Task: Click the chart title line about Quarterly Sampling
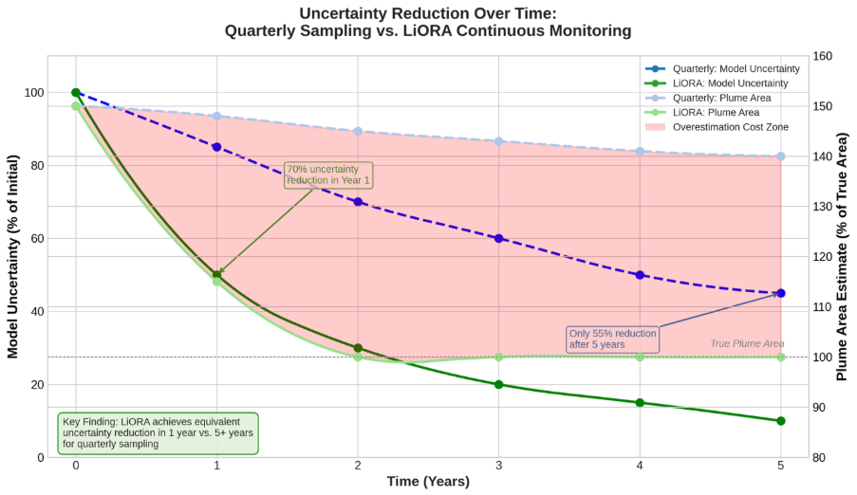click(427, 31)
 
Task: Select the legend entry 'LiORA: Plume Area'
click(720, 112)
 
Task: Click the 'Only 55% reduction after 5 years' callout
click(612, 339)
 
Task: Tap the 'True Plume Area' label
click(747, 343)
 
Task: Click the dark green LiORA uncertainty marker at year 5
click(781, 421)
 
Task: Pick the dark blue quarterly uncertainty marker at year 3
click(499, 238)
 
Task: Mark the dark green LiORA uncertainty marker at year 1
click(217, 274)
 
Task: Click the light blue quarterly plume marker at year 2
click(358, 131)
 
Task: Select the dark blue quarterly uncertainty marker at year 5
click(781, 293)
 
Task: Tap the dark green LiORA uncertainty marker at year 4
click(640, 402)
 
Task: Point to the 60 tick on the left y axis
click(35, 238)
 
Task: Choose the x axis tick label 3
click(499, 466)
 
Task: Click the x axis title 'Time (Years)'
click(428, 482)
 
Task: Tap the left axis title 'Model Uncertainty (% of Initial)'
click(13, 257)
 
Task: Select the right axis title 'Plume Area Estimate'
click(842, 257)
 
